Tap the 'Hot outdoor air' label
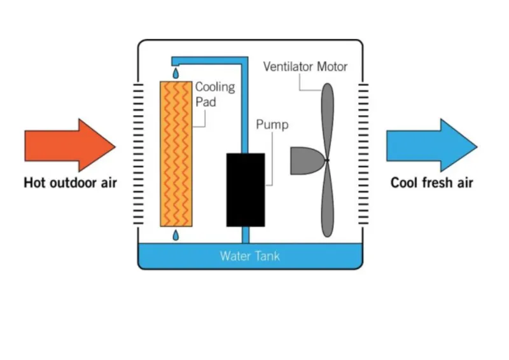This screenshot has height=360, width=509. click(x=70, y=183)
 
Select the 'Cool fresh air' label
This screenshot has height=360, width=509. click(x=431, y=183)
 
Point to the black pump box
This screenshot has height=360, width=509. click(x=246, y=190)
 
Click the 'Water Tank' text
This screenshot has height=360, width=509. click(x=249, y=256)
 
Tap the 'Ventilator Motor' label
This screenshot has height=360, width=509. click(x=305, y=66)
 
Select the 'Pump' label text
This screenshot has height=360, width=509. click(x=272, y=124)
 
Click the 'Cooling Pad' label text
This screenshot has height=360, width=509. click(x=214, y=93)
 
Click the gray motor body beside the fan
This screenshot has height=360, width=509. click(x=306, y=160)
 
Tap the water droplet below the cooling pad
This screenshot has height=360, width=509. click(x=176, y=237)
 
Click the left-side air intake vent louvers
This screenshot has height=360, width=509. click(x=139, y=153)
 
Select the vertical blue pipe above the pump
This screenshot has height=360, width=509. click(x=244, y=108)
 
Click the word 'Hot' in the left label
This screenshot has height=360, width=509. click(x=34, y=183)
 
